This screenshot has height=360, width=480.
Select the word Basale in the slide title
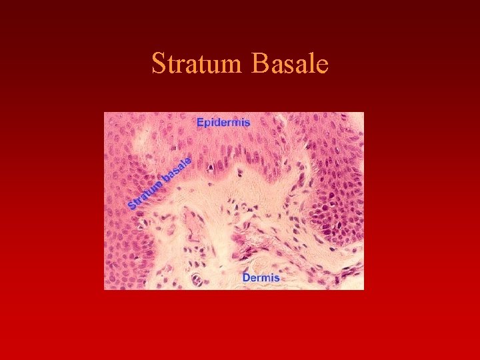(291, 65)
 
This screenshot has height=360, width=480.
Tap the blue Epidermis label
(223, 123)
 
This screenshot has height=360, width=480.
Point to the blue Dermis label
(261, 277)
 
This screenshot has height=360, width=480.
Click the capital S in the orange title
(158, 65)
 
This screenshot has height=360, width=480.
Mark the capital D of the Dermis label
(246, 277)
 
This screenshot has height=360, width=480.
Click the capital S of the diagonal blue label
(132, 204)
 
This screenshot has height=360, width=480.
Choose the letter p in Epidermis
(209, 124)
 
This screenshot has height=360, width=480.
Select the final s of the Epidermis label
(247, 123)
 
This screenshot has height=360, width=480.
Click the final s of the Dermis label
(277, 277)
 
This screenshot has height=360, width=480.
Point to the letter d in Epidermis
(220, 123)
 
